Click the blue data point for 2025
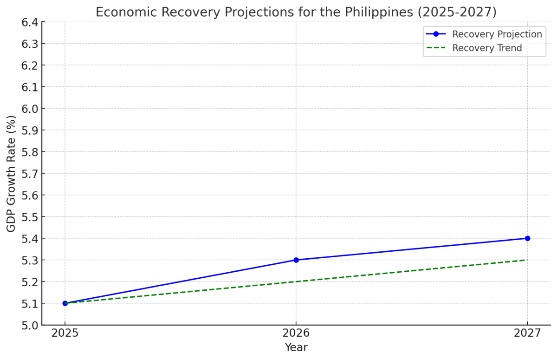point(65,303)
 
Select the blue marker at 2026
point(296,260)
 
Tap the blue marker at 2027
point(527,238)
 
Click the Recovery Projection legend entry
point(497,34)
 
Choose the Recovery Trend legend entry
point(486,48)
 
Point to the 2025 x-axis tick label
point(65,333)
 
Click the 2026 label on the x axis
point(296,333)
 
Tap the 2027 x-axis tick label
point(527,333)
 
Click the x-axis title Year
point(296,347)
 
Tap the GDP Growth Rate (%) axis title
point(11,173)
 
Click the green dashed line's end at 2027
point(527,260)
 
